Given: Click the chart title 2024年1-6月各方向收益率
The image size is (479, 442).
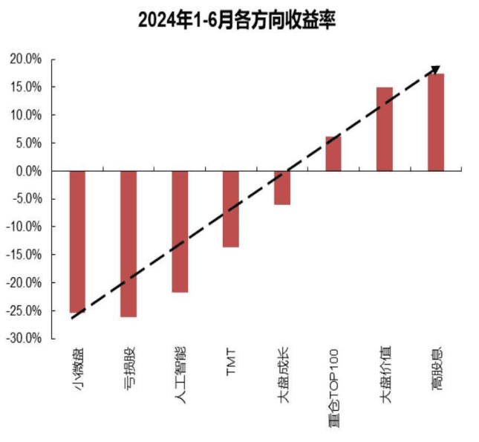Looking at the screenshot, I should (x=238, y=20).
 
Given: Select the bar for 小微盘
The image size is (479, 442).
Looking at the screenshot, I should (x=77, y=241).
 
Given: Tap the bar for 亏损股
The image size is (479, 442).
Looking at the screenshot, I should (x=128, y=244).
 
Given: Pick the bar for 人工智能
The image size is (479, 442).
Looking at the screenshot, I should (x=180, y=231).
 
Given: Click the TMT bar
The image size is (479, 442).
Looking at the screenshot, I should (x=231, y=209).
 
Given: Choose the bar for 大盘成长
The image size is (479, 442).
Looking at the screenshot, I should (x=282, y=187).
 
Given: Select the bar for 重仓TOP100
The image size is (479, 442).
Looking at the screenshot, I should (x=333, y=154).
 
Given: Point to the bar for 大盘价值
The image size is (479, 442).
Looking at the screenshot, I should (x=385, y=129).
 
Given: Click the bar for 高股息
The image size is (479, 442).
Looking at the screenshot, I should (x=436, y=122).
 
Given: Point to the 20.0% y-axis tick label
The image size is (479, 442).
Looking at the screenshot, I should (x=26, y=59).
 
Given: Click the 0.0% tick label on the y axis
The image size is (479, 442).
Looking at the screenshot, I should (x=28, y=171).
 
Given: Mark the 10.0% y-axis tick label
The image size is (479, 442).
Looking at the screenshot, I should (x=26, y=115).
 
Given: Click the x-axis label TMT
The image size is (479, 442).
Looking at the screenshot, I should (x=231, y=361).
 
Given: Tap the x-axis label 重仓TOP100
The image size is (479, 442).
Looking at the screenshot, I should (x=333, y=385).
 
